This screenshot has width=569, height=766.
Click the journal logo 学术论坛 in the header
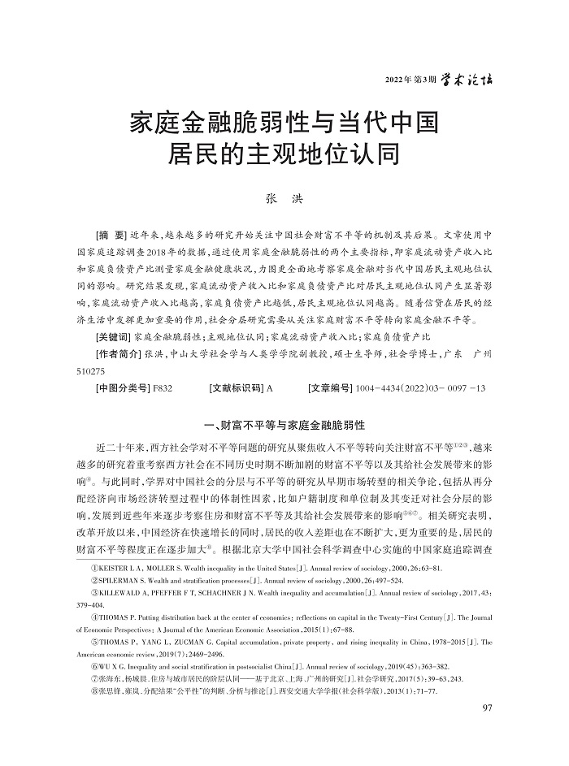(x=467, y=79)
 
